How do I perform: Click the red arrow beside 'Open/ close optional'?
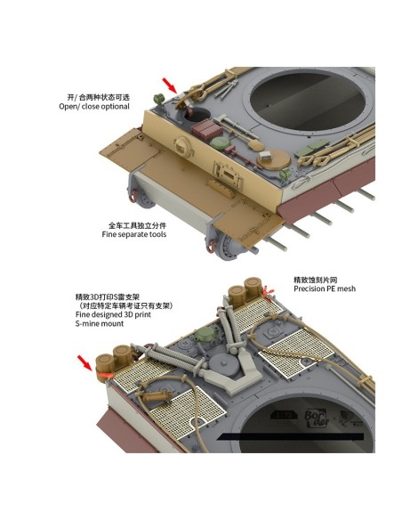coord(170,85)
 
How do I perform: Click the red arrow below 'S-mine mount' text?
coord(84,362)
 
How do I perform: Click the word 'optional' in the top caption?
coord(116,107)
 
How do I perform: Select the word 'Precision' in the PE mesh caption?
coord(309,288)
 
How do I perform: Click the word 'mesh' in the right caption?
coord(346,288)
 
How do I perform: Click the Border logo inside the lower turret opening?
coord(317,418)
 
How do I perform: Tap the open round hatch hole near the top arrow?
coord(197,114)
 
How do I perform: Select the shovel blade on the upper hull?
coord(255,145)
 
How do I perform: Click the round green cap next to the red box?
coord(219,143)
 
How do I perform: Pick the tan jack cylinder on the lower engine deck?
coord(154,396)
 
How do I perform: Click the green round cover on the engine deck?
coord(205,335)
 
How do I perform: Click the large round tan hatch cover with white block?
coord(274,159)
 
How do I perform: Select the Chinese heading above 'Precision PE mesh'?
coord(315,280)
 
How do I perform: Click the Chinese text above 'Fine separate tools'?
coord(138,225)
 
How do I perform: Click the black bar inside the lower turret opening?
coord(291,437)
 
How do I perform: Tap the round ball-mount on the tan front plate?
coord(181,146)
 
